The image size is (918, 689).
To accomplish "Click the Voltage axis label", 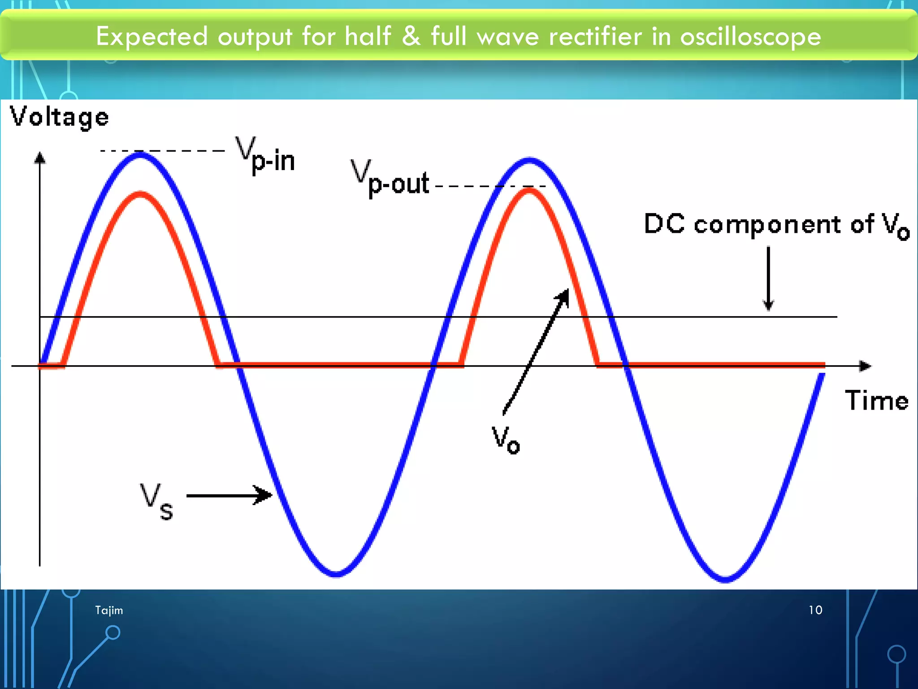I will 60,118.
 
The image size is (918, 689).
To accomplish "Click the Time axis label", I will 876,401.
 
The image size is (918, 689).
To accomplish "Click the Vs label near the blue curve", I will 156,501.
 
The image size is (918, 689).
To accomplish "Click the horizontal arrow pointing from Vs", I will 229,495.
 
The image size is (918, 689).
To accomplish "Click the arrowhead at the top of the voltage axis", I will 40,157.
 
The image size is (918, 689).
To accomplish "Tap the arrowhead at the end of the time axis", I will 865,366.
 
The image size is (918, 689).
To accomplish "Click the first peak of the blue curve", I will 141,155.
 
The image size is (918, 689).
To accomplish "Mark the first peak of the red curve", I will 141,194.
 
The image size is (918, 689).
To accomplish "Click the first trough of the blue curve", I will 336,573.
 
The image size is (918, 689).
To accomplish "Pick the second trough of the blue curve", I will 725,579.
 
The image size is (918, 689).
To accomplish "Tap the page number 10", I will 815,610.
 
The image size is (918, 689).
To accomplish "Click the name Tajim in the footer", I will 109,611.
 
